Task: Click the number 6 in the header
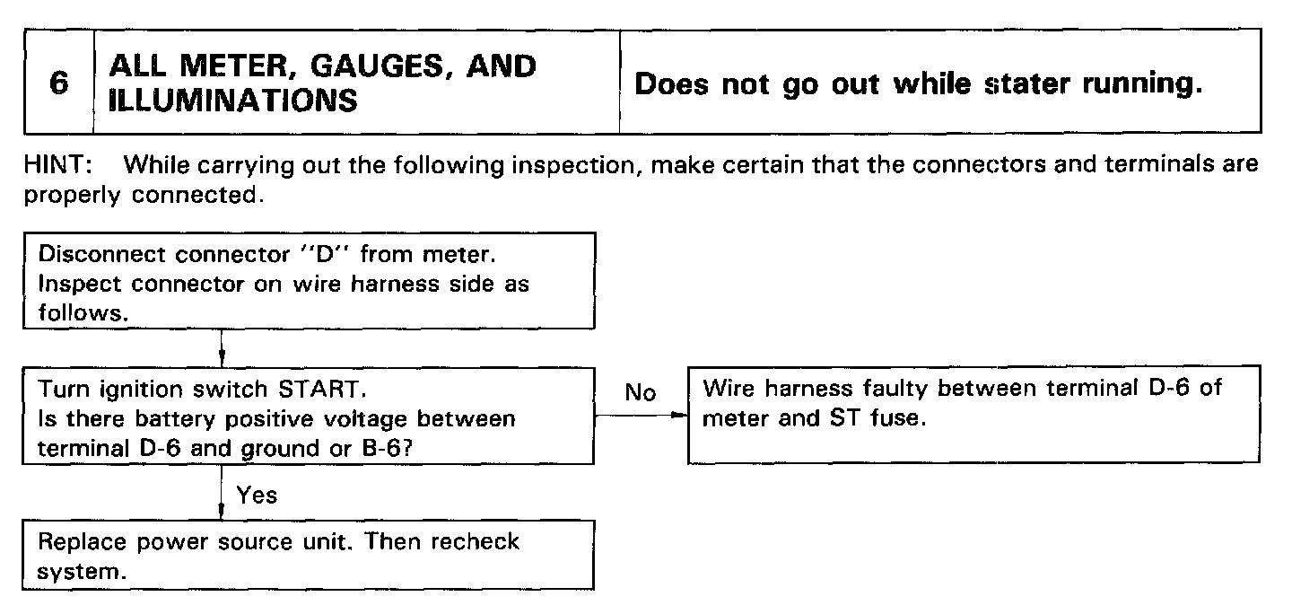(x=58, y=83)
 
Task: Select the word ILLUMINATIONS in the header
(x=232, y=100)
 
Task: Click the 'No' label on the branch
(x=641, y=393)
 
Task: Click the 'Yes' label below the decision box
(x=258, y=495)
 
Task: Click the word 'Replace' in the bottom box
(x=77, y=542)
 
